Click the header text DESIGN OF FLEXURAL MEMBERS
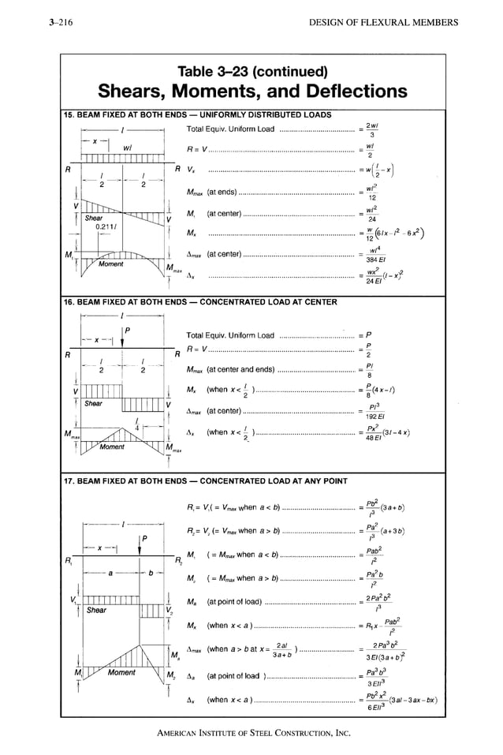coord(384,22)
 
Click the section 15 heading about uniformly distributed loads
coord(197,114)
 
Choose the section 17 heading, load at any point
coord(204,480)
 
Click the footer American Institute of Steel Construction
coord(253,734)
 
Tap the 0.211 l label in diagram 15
coord(105,226)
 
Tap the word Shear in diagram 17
coord(96,610)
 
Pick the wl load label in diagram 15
coord(126,148)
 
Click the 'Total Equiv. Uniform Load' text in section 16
coord(230,335)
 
